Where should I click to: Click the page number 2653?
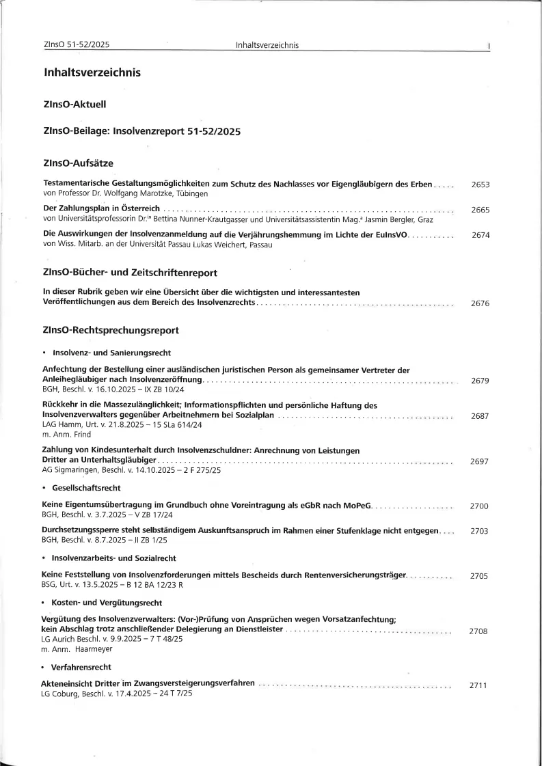click(480, 184)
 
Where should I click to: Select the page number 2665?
click(480, 210)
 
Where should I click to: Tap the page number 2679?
click(480, 381)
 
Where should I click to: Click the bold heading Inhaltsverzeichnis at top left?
click(92, 72)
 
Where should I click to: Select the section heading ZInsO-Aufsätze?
click(78, 163)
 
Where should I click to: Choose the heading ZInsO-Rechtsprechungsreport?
click(111, 330)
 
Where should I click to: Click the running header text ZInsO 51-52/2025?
click(77, 45)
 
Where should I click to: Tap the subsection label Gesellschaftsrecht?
click(86, 488)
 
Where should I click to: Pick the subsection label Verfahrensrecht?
click(81, 666)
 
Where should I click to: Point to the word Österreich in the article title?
click(139, 208)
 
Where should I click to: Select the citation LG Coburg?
click(59, 694)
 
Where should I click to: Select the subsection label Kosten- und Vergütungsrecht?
click(106, 603)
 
